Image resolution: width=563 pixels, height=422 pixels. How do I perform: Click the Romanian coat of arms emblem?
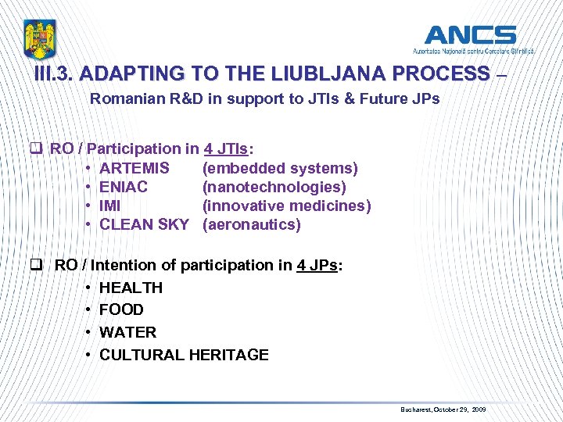coord(39,40)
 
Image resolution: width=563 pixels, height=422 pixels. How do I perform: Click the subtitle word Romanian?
coord(122,99)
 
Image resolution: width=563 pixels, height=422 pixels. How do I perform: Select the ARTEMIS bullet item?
coord(134,168)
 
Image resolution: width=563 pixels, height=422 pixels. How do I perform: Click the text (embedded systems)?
coord(280,168)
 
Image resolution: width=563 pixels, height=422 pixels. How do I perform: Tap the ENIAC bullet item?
coord(124,187)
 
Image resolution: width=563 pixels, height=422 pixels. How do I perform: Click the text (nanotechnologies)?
coord(274,187)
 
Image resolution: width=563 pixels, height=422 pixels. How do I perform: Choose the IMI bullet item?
coord(110,206)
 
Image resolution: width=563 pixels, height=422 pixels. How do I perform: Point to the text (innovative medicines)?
coord(286,206)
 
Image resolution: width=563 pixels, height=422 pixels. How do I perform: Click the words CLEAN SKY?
coord(144,225)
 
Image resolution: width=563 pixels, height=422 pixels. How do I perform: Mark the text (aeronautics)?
coord(251,225)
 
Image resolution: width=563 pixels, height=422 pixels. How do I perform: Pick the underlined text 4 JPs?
coord(317,265)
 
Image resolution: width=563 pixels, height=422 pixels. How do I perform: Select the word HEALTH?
coord(131,288)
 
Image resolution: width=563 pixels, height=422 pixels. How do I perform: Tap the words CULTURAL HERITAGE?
coord(184,355)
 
